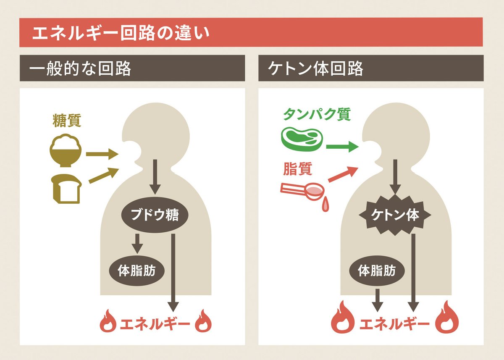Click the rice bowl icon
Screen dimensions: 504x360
pyautogui.click(x=66, y=150)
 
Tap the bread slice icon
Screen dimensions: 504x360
pyautogui.click(x=66, y=189)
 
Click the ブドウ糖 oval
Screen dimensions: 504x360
pyautogui.click(x=155, y=215)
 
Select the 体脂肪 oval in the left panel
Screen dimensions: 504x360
pyautogui.click(x=136, y=271)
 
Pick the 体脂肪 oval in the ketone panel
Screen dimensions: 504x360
pyautogui.click(x=377, y=271)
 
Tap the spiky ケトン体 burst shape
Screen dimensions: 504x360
pyautogui.click(x=395, y=215)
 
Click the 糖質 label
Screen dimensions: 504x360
pyautogui.click(x=67, y=121)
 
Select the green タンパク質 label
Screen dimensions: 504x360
pyautogui.click(x=317, y=114)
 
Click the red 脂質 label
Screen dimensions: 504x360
pyautogui.click(x=297, y=169)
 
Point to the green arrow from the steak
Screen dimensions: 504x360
pyautogui.click(x=342, y=147)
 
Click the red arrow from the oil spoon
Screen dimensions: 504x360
pyautogui.click(x=343, y=174)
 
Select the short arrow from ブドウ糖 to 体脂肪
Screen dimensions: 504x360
pyautogui.click(x=137, y=244)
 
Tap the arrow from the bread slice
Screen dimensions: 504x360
pyautogui.click(x=104, y=175)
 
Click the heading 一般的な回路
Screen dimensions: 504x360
pyautogui.click(x=80, y=68)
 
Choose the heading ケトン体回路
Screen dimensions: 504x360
pyautogui.click(x=315, y=68)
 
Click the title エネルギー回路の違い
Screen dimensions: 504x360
pyautogui.click(x=121, y=33)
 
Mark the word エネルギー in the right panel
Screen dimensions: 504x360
pyautogui.click(x=394, y=324)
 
